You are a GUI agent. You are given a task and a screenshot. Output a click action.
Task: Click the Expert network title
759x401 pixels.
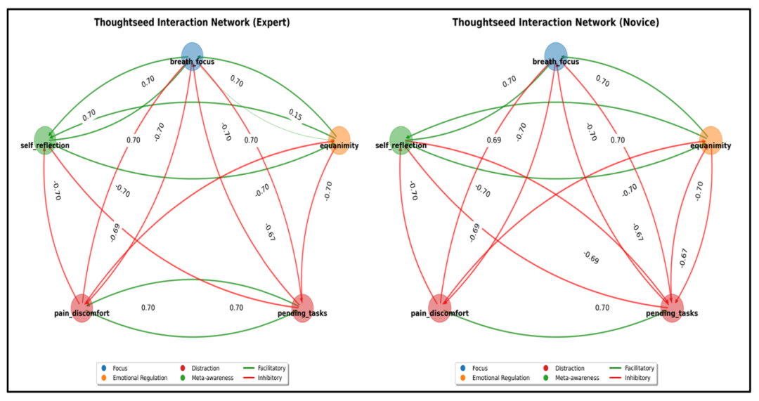pos(192,22)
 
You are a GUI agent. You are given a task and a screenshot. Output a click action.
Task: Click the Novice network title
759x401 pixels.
pos(554,22)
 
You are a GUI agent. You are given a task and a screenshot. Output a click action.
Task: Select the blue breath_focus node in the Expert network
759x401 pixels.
pos(192,54)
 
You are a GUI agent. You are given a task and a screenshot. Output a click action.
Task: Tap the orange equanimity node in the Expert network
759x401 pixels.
pos(339,140)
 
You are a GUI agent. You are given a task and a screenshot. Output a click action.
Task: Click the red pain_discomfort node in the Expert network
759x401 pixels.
pos(82,308)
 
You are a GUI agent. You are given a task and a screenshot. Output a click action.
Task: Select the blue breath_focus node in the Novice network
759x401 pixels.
pos(555,54)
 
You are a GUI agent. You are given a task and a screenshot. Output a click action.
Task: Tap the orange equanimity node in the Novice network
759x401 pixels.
pos(711,140)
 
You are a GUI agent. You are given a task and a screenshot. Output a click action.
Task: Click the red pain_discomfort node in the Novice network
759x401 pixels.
pos(439,308)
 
